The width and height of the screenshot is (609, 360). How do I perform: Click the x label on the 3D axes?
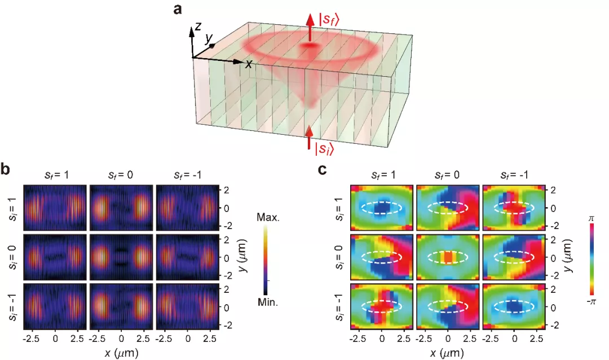click(x=248, y=64)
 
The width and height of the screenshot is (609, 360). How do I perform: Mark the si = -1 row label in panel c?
click(x=339, y=308)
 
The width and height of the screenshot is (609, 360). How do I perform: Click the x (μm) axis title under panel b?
click(x=121, y=354)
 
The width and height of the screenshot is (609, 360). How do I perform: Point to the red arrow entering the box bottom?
click(x=308, y=137)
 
